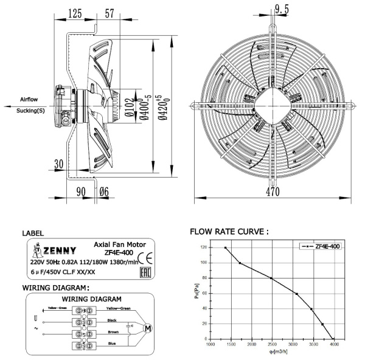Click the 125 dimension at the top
tap(75, 13)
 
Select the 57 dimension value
tap(110, 13)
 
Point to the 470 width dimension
tap(272, 192)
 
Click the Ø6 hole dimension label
tap(104, 192)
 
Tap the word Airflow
tap(30, 99)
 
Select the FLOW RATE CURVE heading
tap(229, 232)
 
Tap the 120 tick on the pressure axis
tap(203, 247)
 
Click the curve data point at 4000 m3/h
tap(334, 339)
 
